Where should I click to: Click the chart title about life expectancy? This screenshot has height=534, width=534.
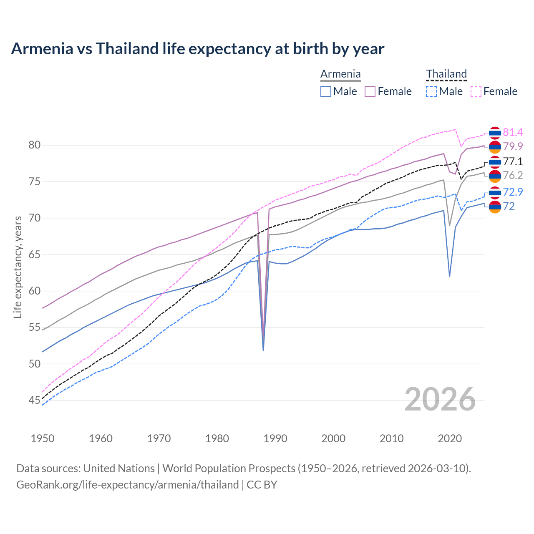click(x=197, y=49)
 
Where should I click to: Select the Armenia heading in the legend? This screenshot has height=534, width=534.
click(x=340, y=74)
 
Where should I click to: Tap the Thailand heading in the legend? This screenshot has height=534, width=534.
click(x=446, y=74)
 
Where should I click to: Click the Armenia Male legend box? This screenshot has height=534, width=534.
click(x=326, y=91)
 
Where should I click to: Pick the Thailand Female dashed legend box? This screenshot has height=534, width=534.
click(x=476, y=91)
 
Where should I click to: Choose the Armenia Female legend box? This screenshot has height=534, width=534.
click(x=370, y=91)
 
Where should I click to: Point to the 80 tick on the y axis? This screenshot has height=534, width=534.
click(x=34, y=145)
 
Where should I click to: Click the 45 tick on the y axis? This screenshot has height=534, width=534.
click(x=34, y=400)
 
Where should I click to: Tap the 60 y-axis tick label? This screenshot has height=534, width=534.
click(x=34, y=291)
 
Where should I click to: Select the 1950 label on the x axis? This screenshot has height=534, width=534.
click(x=43, y=438)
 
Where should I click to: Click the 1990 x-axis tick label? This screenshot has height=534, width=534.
click(x=275, y=438)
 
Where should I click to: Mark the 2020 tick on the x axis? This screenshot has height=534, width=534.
click(x=450, y=438)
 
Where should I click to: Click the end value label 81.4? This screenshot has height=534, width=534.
click(x=513, y=133)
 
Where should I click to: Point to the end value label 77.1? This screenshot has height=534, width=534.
click(x=513, y=161)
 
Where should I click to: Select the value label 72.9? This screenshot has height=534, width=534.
click(x=513, y=192)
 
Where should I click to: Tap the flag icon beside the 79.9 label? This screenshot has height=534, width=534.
click(x=495, y=147)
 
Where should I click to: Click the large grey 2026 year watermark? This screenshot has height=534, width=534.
click(x=440, y=399)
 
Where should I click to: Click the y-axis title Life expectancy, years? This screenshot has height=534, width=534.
click(x=18, y=267)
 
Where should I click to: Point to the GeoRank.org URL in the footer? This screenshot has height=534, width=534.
click(x=127, y=485)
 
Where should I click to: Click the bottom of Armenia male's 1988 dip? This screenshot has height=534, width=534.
click(x=263, y=350)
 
